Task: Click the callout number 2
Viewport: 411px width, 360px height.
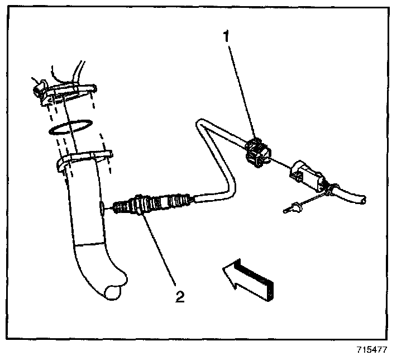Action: tap(179, 296)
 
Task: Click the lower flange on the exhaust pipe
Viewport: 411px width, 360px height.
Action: tap(84, 160)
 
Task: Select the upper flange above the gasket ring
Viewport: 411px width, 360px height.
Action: tap(67, 91)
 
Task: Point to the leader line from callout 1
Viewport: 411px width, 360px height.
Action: tap(241, 89)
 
